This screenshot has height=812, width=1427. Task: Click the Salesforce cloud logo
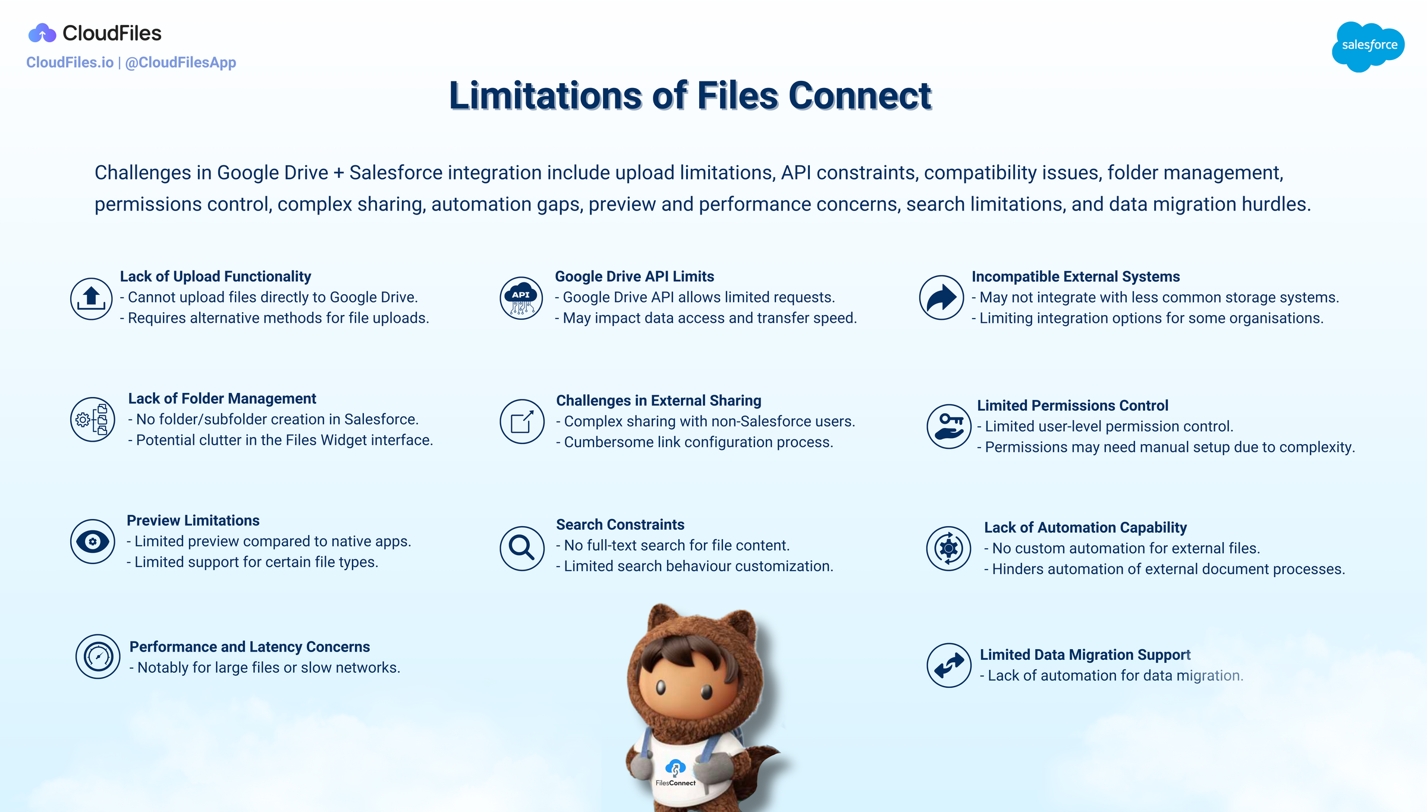(1368, 46)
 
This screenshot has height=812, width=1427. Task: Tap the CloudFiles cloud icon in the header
(42, 33)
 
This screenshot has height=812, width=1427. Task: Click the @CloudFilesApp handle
(180, 62)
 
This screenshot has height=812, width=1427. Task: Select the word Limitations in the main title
(545, 96)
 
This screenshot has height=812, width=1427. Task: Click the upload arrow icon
(91, 298)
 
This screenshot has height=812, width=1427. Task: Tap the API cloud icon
(521, 298)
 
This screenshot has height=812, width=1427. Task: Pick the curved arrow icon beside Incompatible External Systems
(941, 297)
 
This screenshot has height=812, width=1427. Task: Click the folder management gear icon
(93, 419)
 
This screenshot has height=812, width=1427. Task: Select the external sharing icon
(521, 421)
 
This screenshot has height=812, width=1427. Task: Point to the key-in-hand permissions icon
(949, 426)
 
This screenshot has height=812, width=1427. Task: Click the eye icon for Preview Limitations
(93, 542)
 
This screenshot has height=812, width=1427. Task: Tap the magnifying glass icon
(521, 548)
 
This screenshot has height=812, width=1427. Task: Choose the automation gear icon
(948, 548)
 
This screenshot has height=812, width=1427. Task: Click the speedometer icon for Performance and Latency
(98, 656)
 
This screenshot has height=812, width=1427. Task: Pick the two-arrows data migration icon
(948, 665)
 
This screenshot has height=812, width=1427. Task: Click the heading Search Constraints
(620, 524)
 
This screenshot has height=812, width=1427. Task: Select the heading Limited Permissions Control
(1073, 405)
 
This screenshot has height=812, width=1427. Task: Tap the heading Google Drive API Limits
(634, 276)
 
